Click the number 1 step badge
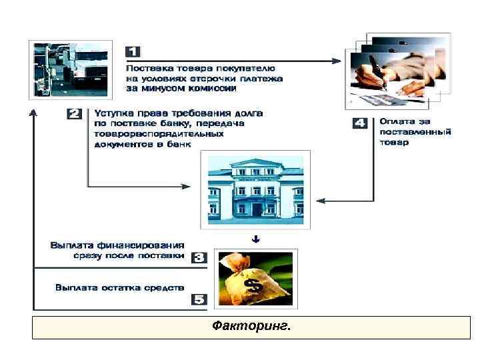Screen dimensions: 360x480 (133, 51)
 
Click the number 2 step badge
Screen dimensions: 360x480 (75, 113)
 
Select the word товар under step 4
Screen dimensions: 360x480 (393, 142)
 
